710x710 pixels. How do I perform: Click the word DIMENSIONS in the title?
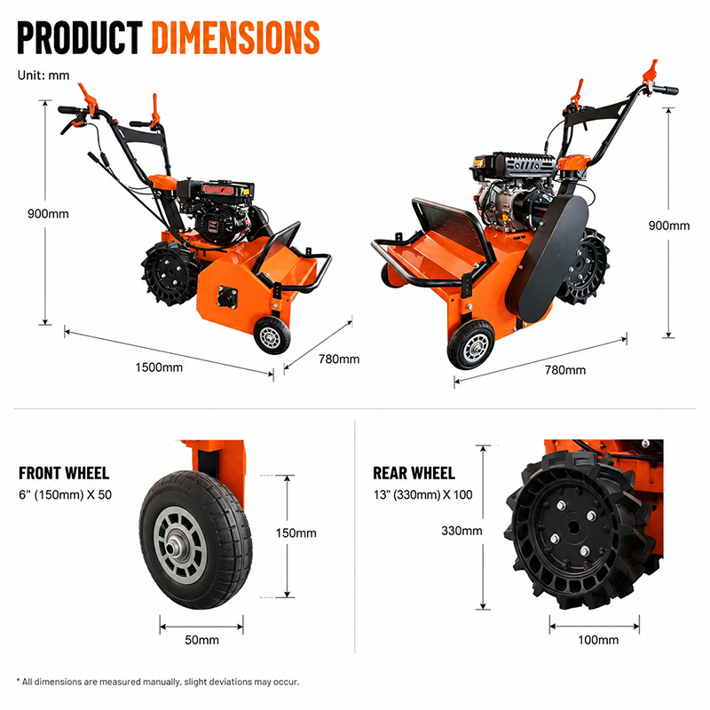coord(235,37)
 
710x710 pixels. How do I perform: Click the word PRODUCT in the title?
coord(80,37)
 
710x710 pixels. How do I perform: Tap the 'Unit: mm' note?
coord(43,75)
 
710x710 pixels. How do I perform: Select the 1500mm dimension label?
coord(159,367)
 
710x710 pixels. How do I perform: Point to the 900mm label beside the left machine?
coord(48,214)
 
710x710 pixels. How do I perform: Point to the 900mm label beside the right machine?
coord(669,225)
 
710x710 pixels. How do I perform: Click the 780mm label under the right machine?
coord(565,370)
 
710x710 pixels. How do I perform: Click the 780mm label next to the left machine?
coord(339,359)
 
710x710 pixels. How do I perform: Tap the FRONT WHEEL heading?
coord(64,473)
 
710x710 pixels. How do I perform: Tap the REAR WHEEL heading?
coord(414,473)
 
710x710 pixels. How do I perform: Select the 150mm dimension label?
coord(296,533)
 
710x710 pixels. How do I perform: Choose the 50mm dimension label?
coord(202,640)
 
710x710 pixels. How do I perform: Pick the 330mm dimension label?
coord(461,531)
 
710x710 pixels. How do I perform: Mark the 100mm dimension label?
coord(598,640)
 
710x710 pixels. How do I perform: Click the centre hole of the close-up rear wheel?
coord(573,527)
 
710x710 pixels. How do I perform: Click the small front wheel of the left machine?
coord(272,335)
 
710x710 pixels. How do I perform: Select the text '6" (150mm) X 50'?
coord(65,494)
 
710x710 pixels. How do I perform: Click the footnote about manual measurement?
coord(158,682)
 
